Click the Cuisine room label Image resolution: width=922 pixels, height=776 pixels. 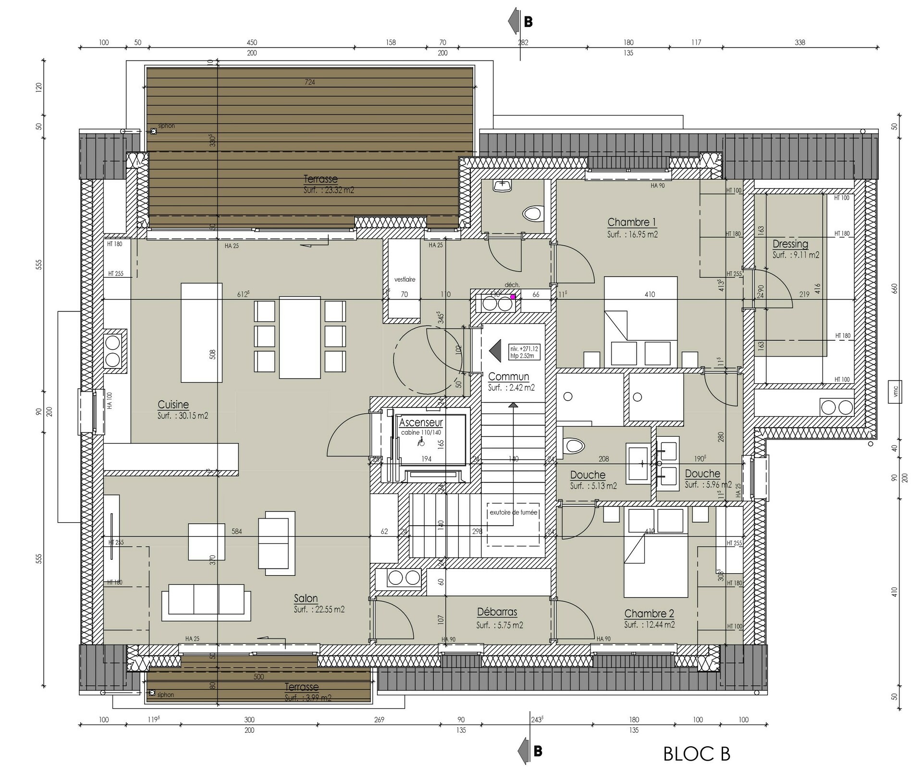pyautogui.click(x=173, y=405)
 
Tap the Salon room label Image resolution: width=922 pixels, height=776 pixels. pyautogui.click(x=306, y=598)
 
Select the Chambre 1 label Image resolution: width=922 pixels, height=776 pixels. pyautogui.click(x=631, y=222)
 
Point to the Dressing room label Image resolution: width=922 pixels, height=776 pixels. pyautogui.click(x=790, y=244)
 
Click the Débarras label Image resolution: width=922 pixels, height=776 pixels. pyautogui.click(x=497, y=612)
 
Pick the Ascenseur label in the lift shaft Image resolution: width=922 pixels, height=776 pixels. pyautogui.click(x=421, y=423)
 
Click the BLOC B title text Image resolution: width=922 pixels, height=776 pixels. pyautogui.click(x=696, y=754)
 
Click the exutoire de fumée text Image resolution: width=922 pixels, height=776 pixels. pyautogui.click(x=513, y=512)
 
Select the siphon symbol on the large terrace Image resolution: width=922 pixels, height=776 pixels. pyautogui.click(x=154, y=131)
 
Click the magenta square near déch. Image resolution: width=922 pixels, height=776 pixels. pyautogui.click(x=513, y=297)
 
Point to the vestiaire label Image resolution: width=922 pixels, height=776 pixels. pyautogui.click(x=405, y=279)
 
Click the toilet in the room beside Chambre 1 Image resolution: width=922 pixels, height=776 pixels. pyautogui.click(x=532, y=213)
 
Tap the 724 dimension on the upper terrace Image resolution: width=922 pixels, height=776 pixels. pyautogui.click(x=310, y=82)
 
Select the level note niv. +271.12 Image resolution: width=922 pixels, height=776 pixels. pyautogui.click(x=524, y=348)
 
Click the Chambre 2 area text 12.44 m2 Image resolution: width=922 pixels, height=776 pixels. pyautogui.click(x=650, y=625)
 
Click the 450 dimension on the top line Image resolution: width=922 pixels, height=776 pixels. pyautogui.click(x=252, y=42)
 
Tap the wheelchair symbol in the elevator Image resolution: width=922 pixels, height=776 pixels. pyautogui.click(x=421, y=442)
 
